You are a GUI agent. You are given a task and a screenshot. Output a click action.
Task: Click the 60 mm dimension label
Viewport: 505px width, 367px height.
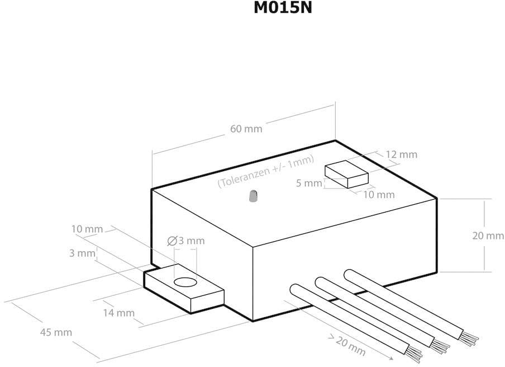click(x=246, y=129)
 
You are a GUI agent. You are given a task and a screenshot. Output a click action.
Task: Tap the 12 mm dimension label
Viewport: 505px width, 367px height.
click(x=401, y=154)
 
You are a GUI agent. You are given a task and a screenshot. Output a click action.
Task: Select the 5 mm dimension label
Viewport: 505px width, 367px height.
click(x=309, y=183)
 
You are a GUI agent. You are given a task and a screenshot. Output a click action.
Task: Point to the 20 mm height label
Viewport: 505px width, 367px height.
click(x=488, y=236)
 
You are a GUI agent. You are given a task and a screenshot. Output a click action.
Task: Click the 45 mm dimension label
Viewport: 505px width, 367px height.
click(x=56, y=332)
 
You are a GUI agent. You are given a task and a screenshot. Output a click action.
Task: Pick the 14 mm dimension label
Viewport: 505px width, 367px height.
click(x=118, y=313)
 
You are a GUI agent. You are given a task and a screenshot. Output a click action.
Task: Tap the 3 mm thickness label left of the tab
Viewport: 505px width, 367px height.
click(x=82, y=253)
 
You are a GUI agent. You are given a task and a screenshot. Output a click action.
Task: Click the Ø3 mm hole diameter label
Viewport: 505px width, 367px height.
click(x=186, y=241)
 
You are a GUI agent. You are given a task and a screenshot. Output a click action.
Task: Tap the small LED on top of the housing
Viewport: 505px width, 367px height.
click(x=252, y=197)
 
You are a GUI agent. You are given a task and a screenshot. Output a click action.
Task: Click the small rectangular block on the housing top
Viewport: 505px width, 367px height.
click(x=347, y=175)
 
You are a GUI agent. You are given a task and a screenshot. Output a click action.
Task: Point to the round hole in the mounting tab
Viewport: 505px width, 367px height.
click(x=185, y=282)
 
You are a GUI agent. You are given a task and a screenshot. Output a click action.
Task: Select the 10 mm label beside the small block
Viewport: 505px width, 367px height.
click(x=379, y=195)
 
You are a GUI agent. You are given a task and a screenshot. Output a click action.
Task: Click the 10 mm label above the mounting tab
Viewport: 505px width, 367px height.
click(x=87, y=229)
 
